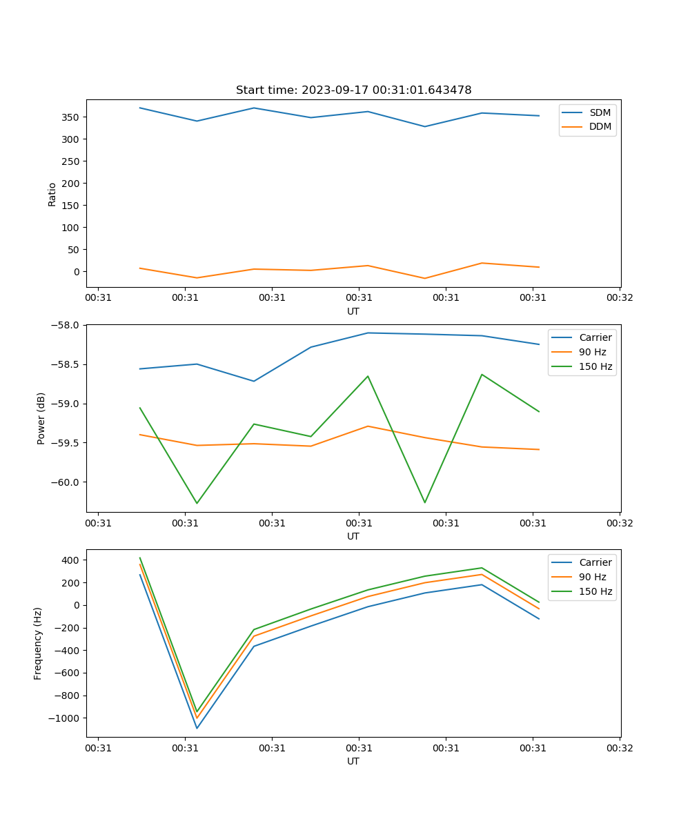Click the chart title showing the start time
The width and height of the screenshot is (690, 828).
[353, 90]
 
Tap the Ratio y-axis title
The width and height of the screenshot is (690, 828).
[52, 194]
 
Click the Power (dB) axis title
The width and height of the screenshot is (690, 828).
[41, 418]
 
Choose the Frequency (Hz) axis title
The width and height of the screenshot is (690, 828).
[38, 643]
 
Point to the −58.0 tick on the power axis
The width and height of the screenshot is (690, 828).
[68, 325]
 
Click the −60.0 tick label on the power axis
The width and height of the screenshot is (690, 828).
[68, 482]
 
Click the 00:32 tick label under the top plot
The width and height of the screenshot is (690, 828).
[619, 298]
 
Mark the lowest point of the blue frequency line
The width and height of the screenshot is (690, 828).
[197, 728]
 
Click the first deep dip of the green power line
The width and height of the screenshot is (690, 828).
[197, 503]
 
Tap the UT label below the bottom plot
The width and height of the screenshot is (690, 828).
[353, 761]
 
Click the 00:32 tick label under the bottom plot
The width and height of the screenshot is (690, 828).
[619, 748]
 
